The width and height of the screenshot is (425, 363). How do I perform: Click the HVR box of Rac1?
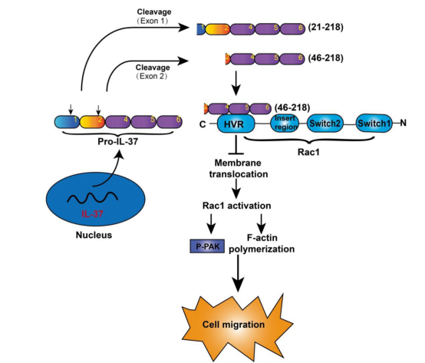236,124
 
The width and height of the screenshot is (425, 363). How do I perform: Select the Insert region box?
285,123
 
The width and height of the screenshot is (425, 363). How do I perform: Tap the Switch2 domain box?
325,124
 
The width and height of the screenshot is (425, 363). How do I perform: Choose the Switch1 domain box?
374,123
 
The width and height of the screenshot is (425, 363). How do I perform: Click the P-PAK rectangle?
207,246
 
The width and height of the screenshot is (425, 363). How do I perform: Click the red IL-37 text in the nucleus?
92,214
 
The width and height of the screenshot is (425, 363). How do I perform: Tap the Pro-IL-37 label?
118,141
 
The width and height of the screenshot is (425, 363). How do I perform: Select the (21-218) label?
325,27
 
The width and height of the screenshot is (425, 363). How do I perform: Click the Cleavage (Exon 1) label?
153,16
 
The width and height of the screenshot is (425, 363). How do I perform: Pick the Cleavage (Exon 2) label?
153,72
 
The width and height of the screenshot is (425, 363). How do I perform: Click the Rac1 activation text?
236,206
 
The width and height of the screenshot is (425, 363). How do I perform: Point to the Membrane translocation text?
239,168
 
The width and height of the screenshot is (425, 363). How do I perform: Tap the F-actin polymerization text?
262,243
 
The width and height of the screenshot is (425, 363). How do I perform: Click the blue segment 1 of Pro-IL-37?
67,122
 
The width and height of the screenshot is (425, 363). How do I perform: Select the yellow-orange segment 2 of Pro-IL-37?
92,122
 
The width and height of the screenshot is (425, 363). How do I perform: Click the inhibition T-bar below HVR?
236,144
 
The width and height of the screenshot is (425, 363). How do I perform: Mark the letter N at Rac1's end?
403,123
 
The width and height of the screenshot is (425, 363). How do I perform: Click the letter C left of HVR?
203,124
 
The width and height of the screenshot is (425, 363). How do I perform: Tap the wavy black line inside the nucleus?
92,198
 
